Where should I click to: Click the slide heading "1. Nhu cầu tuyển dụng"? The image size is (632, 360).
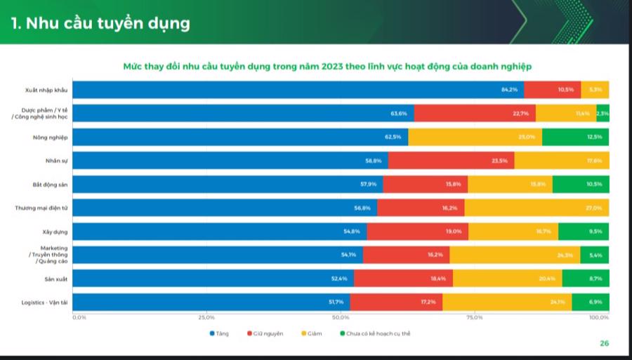(100, 22)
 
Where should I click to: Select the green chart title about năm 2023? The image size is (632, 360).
(327, 66)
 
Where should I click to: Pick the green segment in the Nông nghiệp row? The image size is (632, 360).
(575, 137)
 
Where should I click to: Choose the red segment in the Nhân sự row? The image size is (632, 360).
(451, 161)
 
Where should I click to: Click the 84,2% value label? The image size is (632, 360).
(509, 90)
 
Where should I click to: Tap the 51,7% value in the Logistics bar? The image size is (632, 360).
(336, 302)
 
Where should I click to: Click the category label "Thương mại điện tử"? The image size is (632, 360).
(41, 208)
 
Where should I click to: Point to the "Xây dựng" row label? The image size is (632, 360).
(55, 232)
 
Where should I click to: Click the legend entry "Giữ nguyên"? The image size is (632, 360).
(265, 333)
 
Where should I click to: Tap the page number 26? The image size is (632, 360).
(604, 343)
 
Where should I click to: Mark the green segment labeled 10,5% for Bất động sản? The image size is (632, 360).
(581, 185)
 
